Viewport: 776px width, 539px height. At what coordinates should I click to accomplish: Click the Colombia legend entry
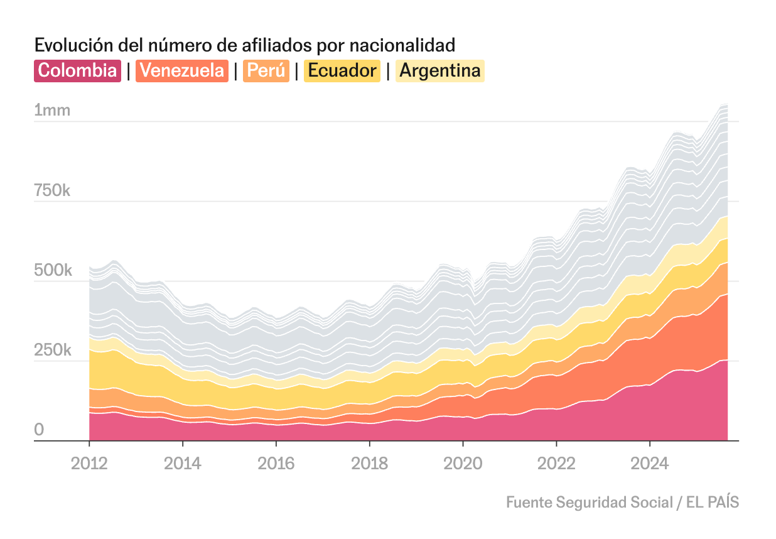pos(77,70)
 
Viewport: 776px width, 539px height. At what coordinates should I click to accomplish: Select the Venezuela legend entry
pos(182,70)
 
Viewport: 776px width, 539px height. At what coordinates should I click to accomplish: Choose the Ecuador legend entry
pos(342,70)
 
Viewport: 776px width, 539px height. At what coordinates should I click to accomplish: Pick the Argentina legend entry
pos(439,70)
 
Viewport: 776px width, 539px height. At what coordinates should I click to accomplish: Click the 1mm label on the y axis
pos(52,111)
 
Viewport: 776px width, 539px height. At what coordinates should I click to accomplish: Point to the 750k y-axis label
pos(52,191)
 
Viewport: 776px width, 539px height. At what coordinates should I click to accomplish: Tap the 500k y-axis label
pos(52,271)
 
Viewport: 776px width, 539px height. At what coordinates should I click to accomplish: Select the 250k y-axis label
pos(52,351)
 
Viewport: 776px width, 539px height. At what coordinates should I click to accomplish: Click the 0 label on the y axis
pos(39,430)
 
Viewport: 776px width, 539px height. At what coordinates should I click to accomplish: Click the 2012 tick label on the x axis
pos(89,464)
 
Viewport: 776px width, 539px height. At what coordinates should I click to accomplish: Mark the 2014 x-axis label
pos(183,464)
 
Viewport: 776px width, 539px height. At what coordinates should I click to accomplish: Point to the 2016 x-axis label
pos(276,464)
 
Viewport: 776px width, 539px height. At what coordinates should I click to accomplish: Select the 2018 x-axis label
pos(369,464)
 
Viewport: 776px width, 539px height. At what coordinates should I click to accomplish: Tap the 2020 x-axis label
pos(463,464)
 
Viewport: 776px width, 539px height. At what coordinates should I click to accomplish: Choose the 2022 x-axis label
pos(556,464)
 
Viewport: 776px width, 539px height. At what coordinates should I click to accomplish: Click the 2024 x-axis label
pos(650,464)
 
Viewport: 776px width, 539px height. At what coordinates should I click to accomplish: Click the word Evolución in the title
pos(68,45)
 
